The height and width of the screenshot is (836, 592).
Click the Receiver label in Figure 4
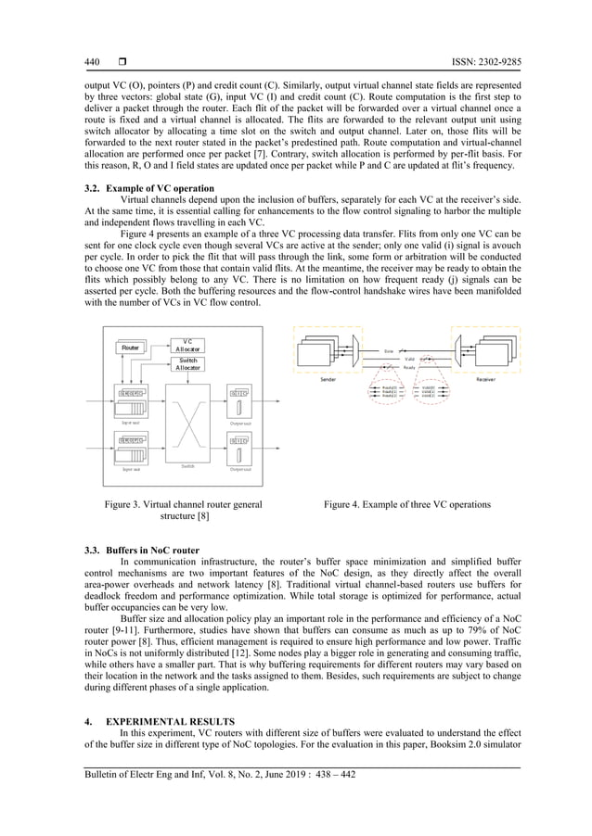pos(484,379)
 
